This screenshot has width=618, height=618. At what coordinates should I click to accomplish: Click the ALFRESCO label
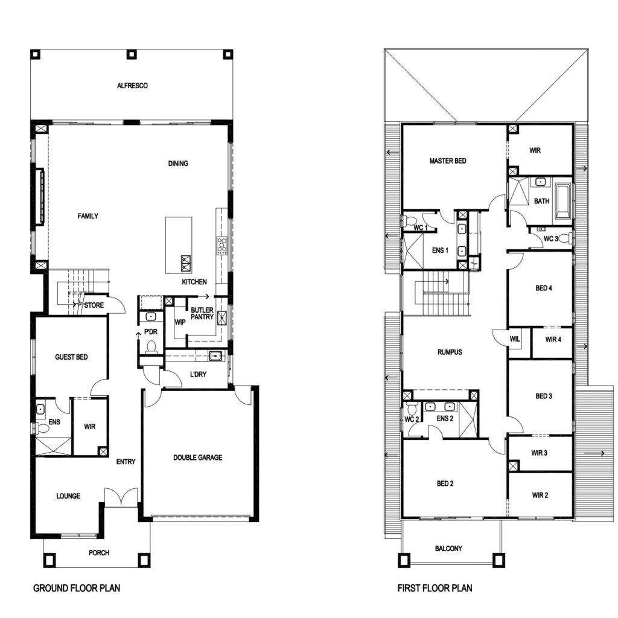(132, 86)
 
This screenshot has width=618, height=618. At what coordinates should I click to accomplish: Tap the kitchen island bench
(179, 245)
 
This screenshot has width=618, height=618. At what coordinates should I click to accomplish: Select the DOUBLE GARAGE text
(197, 457)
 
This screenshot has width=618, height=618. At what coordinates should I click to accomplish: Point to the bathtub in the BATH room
(562, 202)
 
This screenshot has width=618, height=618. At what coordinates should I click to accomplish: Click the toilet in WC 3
(565, 238)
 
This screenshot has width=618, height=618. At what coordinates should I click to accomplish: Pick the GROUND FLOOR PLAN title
(77, 588)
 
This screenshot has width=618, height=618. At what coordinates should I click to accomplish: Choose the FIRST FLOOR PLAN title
(435, 588)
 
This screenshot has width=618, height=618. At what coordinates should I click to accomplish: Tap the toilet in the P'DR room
(151, 347)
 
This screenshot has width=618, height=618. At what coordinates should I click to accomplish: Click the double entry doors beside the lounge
(121, 497)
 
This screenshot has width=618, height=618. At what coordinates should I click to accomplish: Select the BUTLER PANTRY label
(202, 313)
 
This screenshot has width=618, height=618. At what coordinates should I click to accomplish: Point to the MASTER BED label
(447, 161)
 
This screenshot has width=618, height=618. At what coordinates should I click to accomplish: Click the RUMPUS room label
(450, 352)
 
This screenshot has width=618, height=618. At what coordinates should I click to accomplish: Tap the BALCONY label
(448, 548)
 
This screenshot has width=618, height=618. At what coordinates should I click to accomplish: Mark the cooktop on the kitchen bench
(221, 246)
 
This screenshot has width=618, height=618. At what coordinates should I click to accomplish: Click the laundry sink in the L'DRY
(215, 356)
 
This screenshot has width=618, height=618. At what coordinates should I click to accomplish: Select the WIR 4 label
(553, 339)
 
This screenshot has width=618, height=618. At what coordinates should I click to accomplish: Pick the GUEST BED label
(71, 357)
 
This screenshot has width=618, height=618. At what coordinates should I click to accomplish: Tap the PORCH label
(98, 553)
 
